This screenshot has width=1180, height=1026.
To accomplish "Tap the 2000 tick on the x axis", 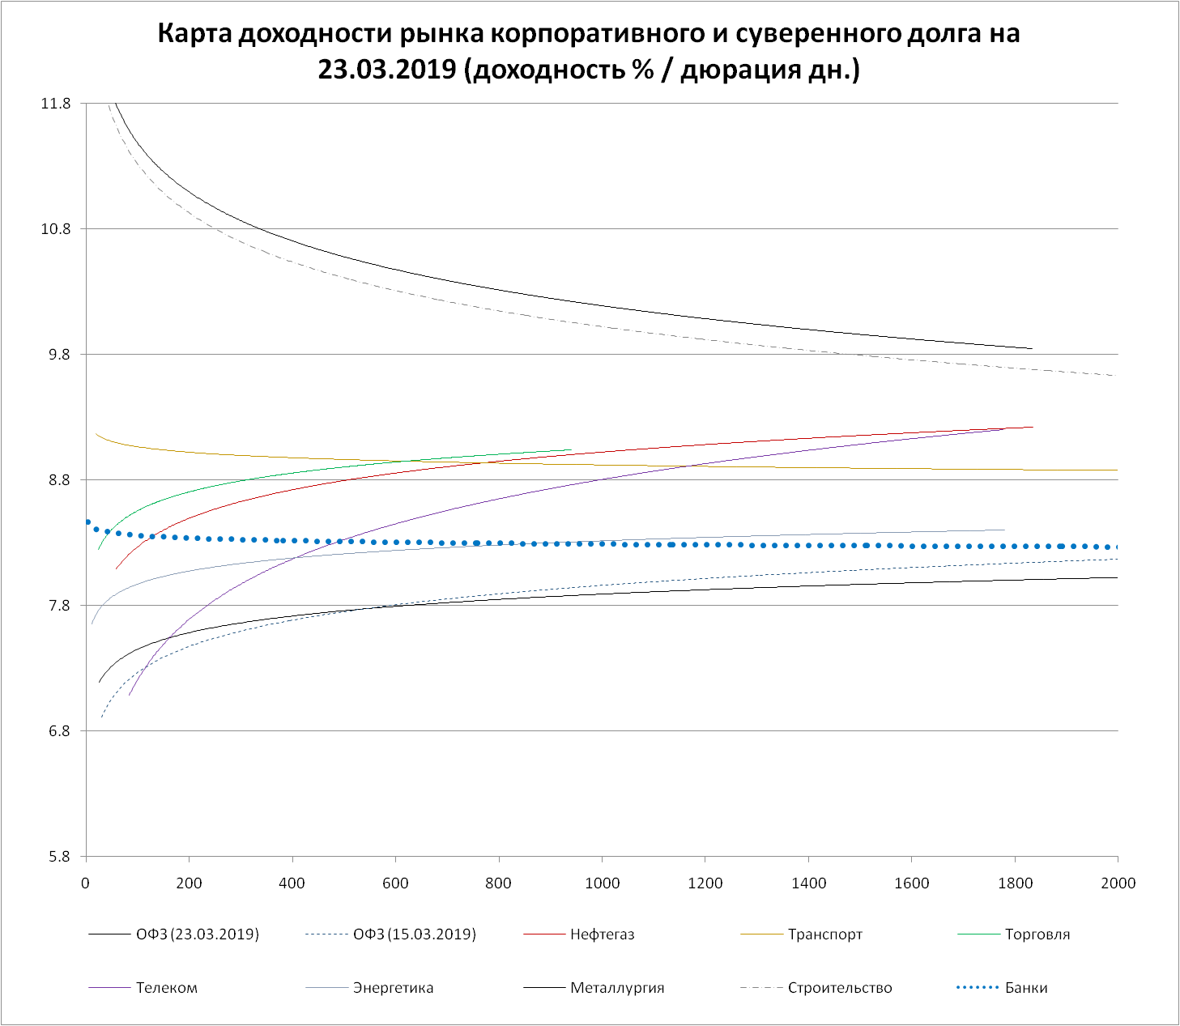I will (x=1118, y=883).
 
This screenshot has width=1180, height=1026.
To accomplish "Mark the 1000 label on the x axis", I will (x=602, y=883).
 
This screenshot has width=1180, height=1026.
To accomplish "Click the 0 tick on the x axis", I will (x=86, y=883).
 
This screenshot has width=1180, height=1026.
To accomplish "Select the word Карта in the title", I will (x=196, y=34).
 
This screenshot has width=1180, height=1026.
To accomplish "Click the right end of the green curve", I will (x=571, y=449).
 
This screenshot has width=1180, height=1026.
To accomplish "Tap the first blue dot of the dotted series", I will (x=87, y=522).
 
